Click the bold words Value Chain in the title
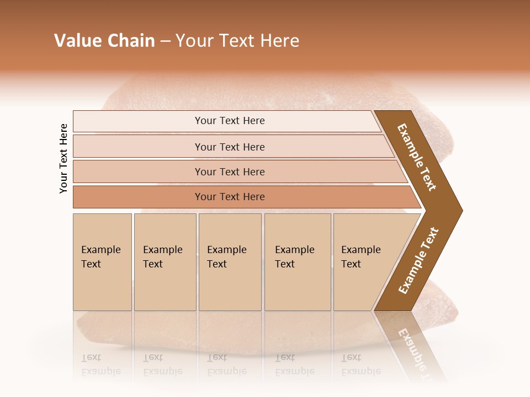point(104,41)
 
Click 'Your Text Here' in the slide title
point(237,41)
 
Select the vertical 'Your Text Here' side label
point(63,158)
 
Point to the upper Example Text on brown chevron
point(417,157)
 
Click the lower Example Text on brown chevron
point(418,261)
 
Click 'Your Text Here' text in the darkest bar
point(230,197)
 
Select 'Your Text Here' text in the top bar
point(230,121)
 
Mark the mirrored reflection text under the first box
point(100,364)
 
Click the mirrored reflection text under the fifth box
point(361,364)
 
